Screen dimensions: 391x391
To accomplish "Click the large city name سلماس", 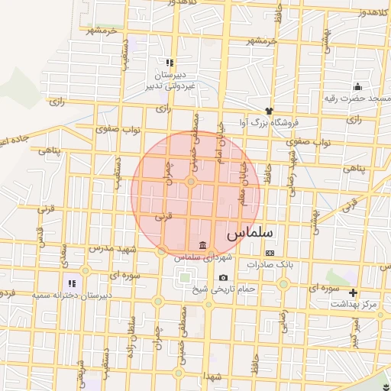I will pos(251,230).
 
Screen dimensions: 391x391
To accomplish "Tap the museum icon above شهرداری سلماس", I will pos(202,245).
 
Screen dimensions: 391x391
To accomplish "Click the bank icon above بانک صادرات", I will pos(270,253).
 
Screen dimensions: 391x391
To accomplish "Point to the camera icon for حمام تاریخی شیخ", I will pos(223,278).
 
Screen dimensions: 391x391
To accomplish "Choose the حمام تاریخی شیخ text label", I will pos(223,289).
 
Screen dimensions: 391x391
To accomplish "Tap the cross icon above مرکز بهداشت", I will pos(353,292).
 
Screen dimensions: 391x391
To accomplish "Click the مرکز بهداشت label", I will pos(354,304).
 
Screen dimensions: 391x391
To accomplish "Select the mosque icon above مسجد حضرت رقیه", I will pos(357,86).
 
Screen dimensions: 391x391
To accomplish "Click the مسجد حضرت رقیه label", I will pos(357,98).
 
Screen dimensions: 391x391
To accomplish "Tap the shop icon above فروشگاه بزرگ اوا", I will pos(268,111).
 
